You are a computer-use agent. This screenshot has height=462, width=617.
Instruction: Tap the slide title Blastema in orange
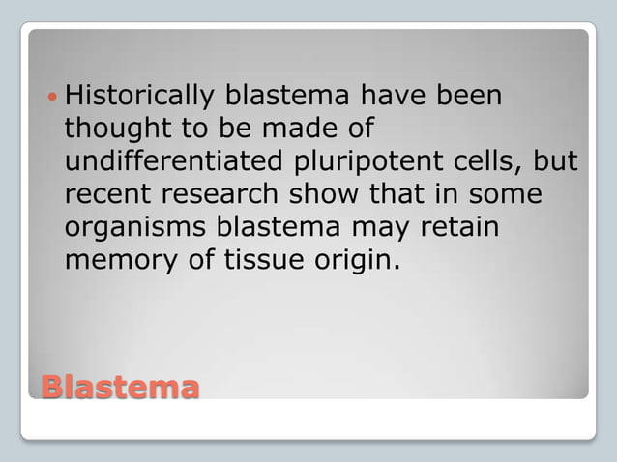[x=120, y=387]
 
